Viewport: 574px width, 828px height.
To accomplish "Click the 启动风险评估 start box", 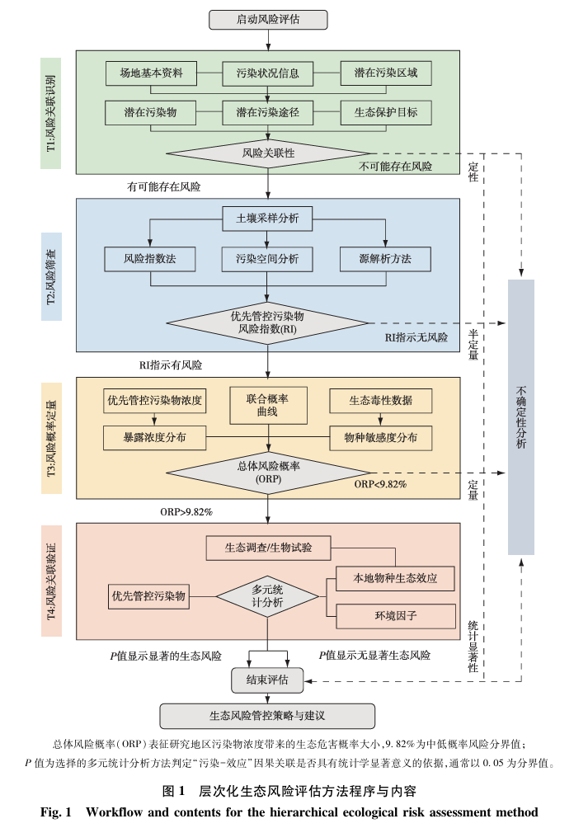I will click(x=268, y=19).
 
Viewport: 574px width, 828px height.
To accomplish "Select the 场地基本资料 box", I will click(x=151, y=73).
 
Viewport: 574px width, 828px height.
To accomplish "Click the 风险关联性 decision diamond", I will click(x=268, y=153).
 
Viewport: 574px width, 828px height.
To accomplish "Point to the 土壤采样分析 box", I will click(x=267, y=219).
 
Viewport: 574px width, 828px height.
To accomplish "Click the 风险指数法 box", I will click(x=151, y=259).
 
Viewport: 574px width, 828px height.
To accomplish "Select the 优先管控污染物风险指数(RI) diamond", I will click(x=267, y=322).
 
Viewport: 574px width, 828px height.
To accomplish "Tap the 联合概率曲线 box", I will click(x=267, y=405).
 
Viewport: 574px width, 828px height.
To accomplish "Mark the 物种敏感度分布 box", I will click(x=380, y=438).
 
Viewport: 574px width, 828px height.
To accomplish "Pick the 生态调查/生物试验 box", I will click(x=268, y=546).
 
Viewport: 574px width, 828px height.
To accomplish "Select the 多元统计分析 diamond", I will click(x=267, y=596).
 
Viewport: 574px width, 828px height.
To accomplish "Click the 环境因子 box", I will click(x=396, y=616).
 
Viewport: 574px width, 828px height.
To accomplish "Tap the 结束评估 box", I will click(x=267, y=680).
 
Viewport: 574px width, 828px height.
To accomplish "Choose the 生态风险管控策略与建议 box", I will click(x=267, y=714).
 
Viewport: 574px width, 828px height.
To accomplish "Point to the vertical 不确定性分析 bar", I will click(x=521, y=416).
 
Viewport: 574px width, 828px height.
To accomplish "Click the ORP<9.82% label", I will click(x=381, y=485).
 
